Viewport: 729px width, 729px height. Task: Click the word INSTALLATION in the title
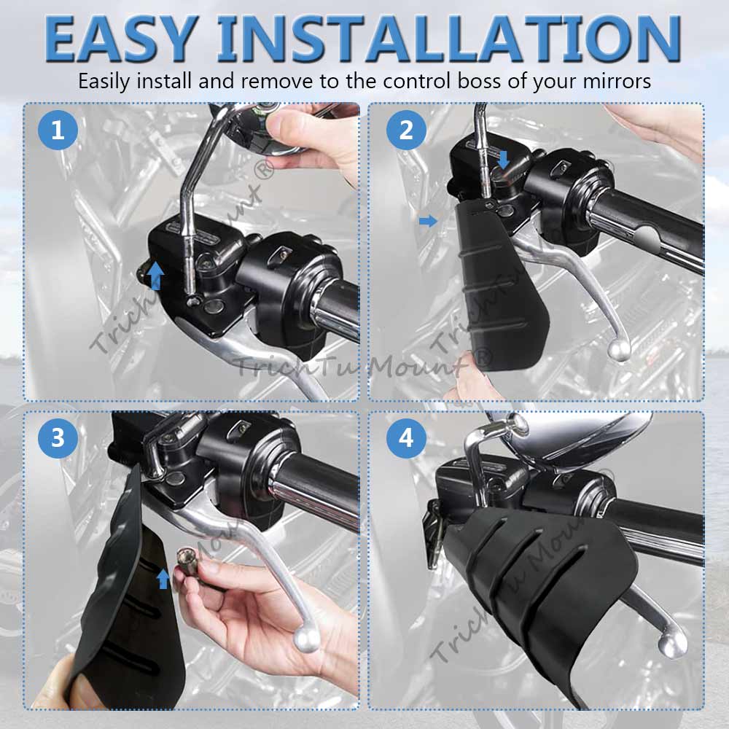[449, 39]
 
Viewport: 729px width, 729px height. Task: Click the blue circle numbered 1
[58, 130]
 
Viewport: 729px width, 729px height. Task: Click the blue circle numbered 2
[406, 130]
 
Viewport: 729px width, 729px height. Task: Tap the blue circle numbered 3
[58, 438]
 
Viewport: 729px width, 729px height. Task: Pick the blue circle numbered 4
[406, 438]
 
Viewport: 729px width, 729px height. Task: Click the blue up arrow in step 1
[156, 276]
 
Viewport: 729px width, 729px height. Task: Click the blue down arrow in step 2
[503, 159]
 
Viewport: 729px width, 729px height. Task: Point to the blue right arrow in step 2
[428, 221]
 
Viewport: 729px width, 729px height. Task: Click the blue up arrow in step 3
[163, 579]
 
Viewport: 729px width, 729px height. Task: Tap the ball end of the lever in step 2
[618, 351]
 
